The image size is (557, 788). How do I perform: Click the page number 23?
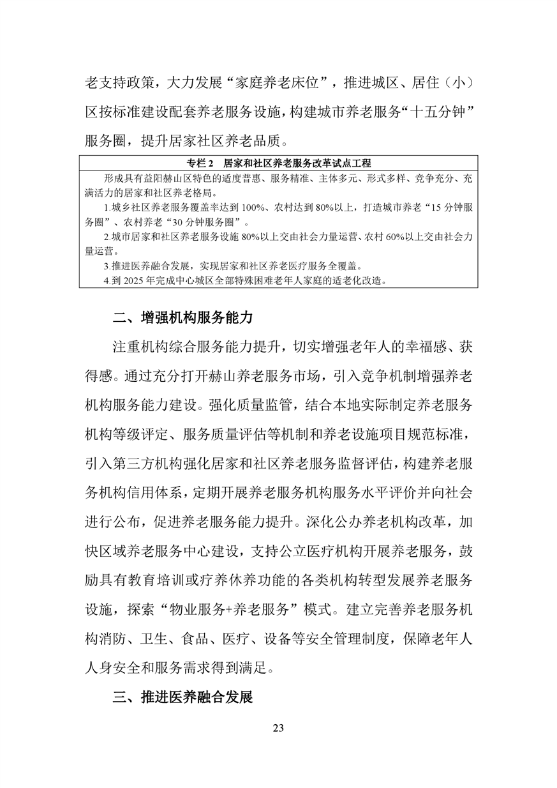(x=278, y=728)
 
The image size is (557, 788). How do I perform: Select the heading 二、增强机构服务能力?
(x=182, y=316)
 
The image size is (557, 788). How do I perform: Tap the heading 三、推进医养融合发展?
(x=182, y=697)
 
